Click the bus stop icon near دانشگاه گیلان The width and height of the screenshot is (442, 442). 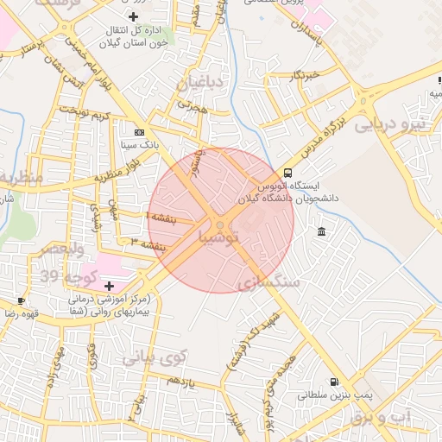pos(287,173)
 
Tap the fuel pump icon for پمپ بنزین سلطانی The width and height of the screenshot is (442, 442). pos(334,382)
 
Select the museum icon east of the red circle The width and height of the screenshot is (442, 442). pos(322,231)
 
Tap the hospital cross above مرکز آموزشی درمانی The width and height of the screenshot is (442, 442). pos(109,286)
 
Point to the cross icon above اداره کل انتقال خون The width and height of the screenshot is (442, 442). pos(132,16)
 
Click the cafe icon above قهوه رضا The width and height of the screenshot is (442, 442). pos(21,300)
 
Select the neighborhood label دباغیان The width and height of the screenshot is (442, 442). pos(200,83)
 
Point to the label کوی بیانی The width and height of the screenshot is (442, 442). pos(155,356)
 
